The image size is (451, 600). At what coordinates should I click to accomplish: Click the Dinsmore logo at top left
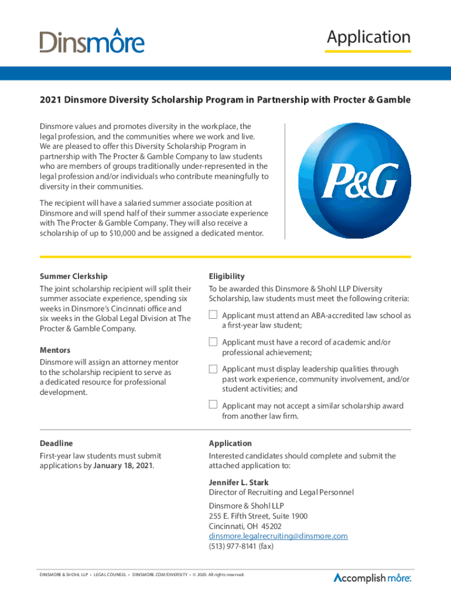(x=92, y=40)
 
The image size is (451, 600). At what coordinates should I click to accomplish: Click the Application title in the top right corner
(x=368, y=37)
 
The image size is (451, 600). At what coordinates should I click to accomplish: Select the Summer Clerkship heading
(x=73, y=276)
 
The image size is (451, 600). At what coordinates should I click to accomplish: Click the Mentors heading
(x=55, y=350)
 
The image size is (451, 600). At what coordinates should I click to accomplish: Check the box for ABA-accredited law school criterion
(x=213, y=316)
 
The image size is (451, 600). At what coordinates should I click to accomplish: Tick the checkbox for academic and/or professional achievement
(x=213, y=342)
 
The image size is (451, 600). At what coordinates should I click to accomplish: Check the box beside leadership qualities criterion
(x=213, y=369)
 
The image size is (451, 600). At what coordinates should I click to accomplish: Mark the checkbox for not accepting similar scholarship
(x=213, y=404)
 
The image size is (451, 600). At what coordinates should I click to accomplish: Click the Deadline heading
(x=56, y=444)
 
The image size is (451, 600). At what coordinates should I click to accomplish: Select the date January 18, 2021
(x=119, y=466)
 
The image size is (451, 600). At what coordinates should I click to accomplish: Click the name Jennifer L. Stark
(x=239, y=483)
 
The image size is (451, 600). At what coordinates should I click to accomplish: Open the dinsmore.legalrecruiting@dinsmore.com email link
(x=278, y=536)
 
